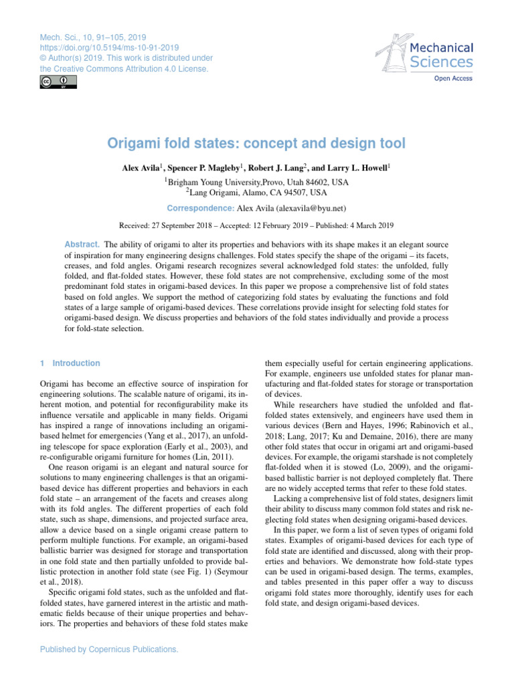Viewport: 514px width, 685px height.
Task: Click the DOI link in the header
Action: tap(109, 47)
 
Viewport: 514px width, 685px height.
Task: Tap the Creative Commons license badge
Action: tap(55, 82)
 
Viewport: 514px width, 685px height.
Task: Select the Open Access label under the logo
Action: tap(453, 78)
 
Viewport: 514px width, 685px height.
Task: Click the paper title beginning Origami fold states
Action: tap(256, 143)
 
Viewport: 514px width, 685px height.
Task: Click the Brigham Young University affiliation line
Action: tap(256, 181)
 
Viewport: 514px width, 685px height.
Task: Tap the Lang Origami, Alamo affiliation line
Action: tap(256, 193)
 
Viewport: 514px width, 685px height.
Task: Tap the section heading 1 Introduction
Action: tap(70, 363)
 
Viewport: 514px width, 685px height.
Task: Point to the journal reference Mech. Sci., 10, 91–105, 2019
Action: tap(93, 37)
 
